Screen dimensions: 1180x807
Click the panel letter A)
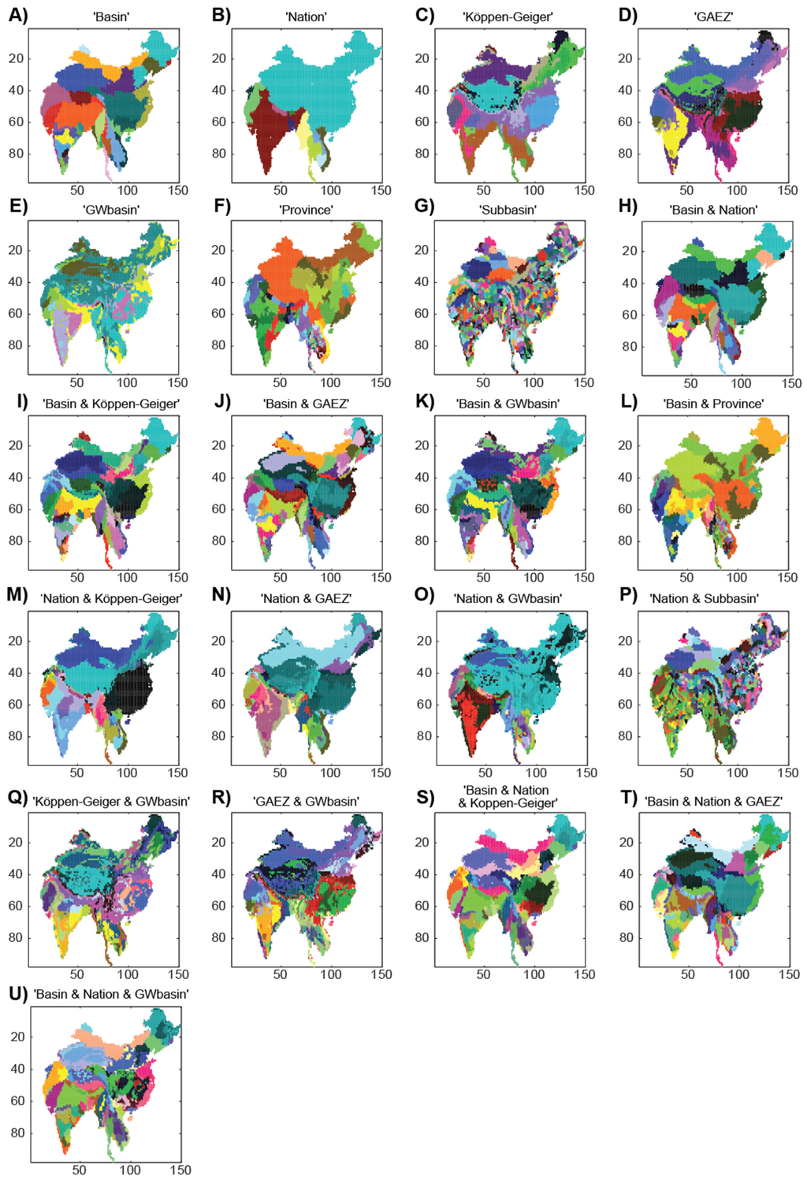(x=17, y=15)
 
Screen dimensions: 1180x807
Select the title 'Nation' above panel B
(x=306, y=17)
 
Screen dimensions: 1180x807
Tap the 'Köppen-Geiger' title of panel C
(x=508, y=17)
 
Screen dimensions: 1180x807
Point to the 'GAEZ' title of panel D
(x=713, y=17)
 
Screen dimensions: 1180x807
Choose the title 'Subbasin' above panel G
(x=508, y=210)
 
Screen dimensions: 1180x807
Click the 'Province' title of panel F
(x=306, y=210)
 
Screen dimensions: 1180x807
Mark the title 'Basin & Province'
(x=713, y=404)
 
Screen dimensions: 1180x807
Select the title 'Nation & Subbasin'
(x=704, y=598)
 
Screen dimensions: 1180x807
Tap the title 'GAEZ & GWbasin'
(x=306, y=801)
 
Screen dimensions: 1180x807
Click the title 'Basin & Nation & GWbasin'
(x=111, y=994)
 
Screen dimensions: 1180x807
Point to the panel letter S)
(x=425, y=797)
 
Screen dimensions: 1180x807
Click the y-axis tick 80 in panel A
(x=16, y=153)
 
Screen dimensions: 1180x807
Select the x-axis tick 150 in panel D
(x=787, y=190)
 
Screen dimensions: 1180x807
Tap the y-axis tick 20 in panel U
(x=17, y=1037)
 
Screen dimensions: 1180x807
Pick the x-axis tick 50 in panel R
(x=280, y=974)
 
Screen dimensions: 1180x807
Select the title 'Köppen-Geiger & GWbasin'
(x=111, y=801)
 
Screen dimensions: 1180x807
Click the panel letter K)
(x=425, y=402)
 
